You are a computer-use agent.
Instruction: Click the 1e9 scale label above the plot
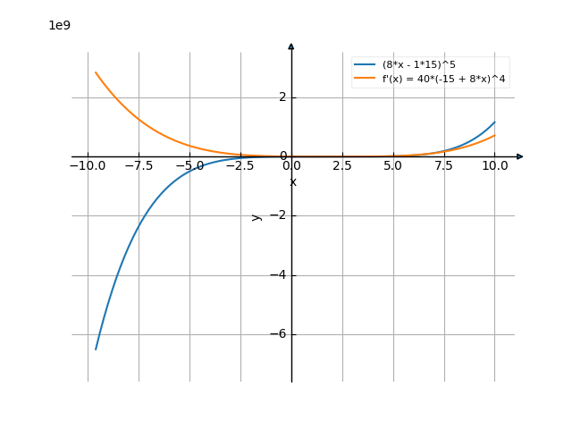coord(59,26)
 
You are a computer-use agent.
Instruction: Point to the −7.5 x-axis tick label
coord(139,165)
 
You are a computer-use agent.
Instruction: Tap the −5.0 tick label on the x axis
coord(189,165)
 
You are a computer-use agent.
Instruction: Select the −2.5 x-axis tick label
coord(240,165)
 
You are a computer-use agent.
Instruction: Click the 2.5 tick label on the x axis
coord(341,165)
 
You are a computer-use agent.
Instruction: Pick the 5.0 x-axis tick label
coord(392,165)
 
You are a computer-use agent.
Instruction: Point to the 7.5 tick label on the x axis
coord(443,165)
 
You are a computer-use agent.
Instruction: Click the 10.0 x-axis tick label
coord(494,165)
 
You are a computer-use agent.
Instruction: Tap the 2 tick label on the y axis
coord(282,97)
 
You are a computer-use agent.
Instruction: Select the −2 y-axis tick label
coord(279,215)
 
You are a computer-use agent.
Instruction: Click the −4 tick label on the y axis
coord(279,275)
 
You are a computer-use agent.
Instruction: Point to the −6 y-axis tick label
coord(279,334)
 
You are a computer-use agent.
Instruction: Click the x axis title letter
coord(292,182)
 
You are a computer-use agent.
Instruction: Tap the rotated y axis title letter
coord(257,217)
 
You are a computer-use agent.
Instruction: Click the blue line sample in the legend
coord(364,64)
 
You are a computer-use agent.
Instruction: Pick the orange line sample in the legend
coord(364,79)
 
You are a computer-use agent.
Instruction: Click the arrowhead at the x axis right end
coord(520,156)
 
